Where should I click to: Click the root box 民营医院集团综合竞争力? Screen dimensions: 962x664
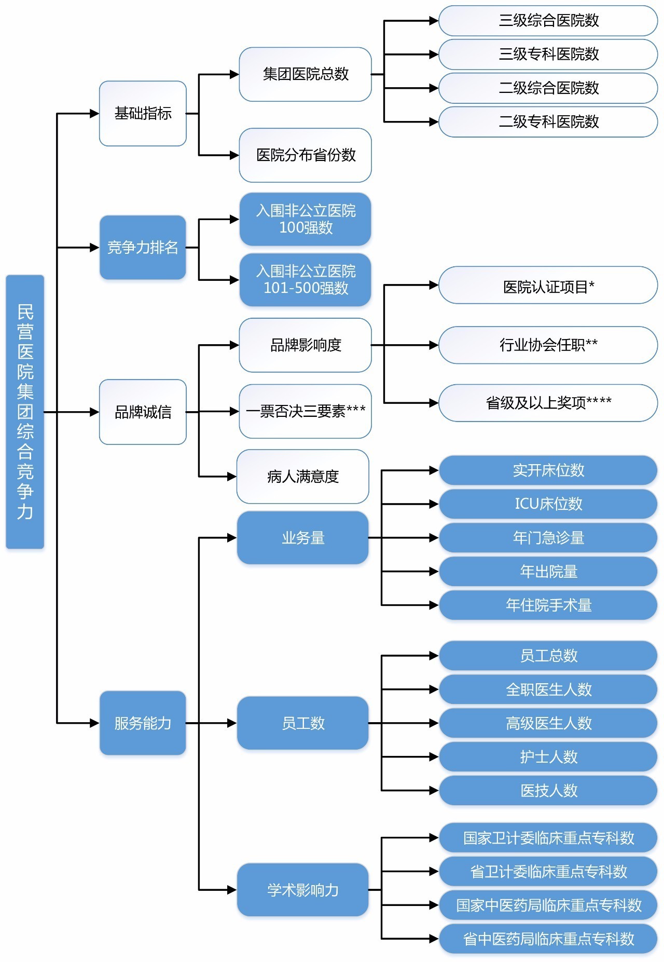point(25,411)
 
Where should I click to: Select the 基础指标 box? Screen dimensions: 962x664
point(143,113)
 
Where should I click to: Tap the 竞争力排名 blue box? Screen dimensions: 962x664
point(143,248)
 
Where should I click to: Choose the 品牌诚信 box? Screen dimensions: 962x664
point(143,412)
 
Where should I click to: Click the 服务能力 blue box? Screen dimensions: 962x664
point(143,723)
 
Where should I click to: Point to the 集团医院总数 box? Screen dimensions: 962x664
point(305,74)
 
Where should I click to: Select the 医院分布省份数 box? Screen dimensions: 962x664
point(305,155)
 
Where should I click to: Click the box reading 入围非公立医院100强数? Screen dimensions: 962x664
point(305,219)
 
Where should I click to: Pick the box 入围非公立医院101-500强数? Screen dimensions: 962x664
point(305,280)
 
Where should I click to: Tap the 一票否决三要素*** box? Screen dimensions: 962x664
point(305,411)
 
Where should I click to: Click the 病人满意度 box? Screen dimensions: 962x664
point(303,476)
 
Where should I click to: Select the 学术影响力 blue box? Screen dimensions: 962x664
point(303,890)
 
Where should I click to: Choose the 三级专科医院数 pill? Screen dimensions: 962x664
point(548,54)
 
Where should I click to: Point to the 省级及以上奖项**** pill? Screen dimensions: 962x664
point(548,402)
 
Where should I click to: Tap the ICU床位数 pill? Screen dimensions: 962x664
point(548,504)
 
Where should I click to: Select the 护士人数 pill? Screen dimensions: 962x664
point(548,756)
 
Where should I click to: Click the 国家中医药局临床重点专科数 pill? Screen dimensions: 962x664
point(548,905)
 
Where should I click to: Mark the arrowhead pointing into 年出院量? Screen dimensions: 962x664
point(434,572)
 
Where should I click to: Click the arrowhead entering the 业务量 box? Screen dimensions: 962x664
point(232,538)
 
